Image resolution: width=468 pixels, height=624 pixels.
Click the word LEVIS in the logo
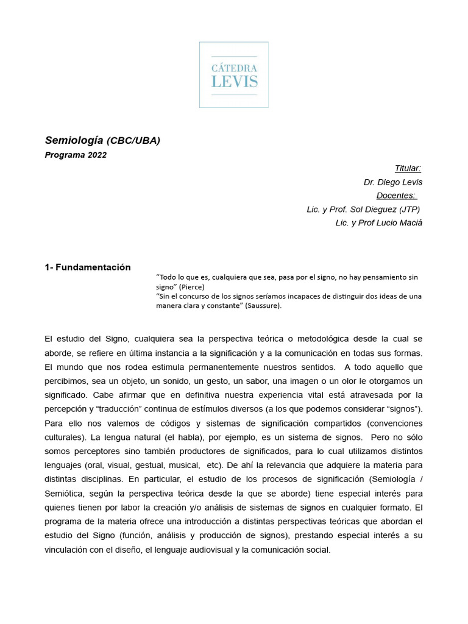click(x=234, y=82)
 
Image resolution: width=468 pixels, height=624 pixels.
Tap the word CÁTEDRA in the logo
click(x=234, y=68)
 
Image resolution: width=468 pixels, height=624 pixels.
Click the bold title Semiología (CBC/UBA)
click(x=102, y=141)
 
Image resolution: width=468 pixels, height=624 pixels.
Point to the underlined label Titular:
click(x=408, y=169)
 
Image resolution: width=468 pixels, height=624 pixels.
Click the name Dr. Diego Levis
click(x=392, y=182)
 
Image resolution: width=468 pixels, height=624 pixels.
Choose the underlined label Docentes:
click(x=396, y=196)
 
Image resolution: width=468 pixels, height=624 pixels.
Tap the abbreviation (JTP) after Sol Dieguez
click(x=408, y=209)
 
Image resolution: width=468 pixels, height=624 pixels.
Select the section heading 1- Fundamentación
click(x=88, y=267)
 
